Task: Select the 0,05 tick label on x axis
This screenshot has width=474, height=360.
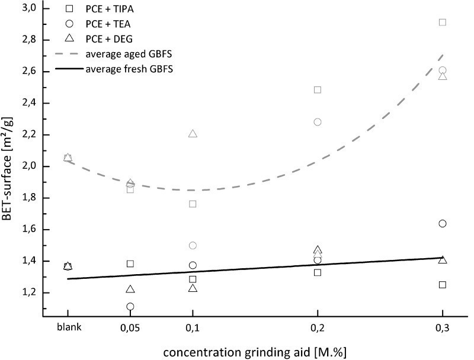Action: (130, 326)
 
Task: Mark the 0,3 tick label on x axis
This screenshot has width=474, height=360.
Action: (443, 326)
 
